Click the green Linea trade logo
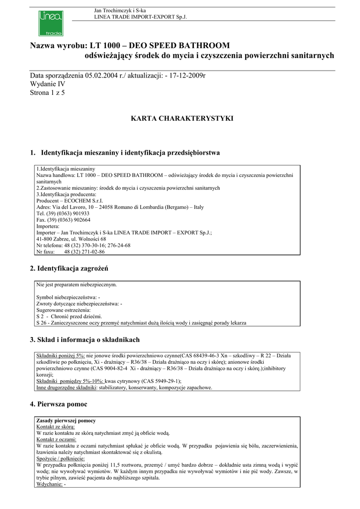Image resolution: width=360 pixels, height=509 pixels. pyautogui.click(x=50, y=23)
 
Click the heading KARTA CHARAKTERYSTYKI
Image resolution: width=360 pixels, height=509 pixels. pyautogui.click(x=181, y=119)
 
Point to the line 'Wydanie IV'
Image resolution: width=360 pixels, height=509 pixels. pyautogui.click(x=48, y=84)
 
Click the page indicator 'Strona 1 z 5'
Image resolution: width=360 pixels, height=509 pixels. pyautogui.click(x=48, y=92)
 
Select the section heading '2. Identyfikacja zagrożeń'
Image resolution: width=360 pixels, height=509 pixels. pyautogui.click(x=69, y=268)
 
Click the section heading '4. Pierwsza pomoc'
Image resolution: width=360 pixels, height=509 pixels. pyautogui.click(x=59, y=404)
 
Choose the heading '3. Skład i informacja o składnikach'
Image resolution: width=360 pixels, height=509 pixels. pyautogui.click(x=85, y=340)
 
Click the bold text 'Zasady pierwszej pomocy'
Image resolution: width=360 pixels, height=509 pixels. pyautogui.click(x=66, y=421)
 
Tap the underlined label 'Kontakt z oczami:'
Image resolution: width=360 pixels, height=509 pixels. pyautogui.click(x=56, y=439)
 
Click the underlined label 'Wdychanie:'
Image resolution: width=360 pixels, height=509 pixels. pyautogui.click(x=49, y=484)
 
